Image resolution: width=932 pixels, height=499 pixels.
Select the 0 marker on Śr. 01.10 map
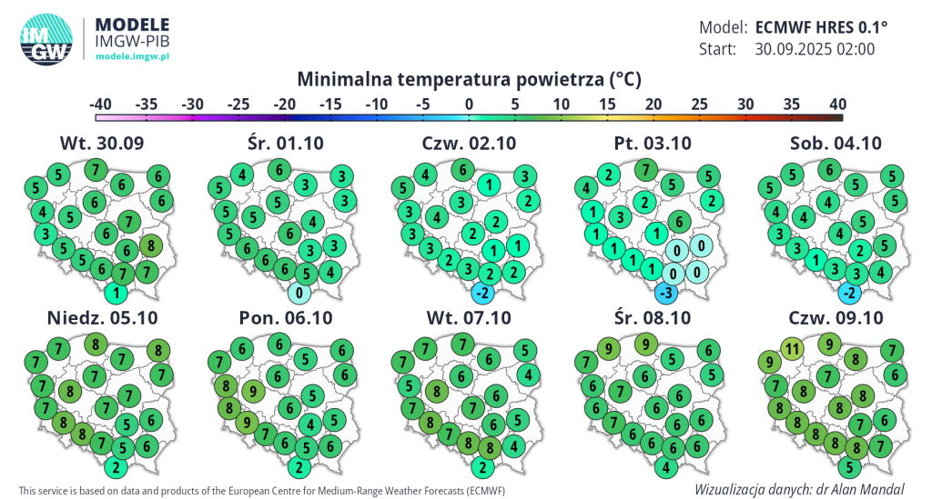[x=300, y=293]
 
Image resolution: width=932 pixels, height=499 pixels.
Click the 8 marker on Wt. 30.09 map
[x=151, y=244]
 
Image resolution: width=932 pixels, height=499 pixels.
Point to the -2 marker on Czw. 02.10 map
[x=483, y=293]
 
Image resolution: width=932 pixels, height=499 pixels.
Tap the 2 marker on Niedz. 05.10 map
[x=116, y=467]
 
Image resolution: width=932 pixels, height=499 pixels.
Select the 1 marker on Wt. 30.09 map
[x=116, y=293]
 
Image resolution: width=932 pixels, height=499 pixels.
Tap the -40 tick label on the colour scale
[x=101, y=105]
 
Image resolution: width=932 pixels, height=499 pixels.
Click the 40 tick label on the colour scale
[x=838, y=105]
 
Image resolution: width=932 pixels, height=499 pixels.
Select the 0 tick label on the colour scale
[x=469, y=105]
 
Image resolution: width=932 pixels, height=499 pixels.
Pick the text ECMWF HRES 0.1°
[x=821, y=26]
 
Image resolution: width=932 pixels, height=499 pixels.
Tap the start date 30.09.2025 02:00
[x=815, y=49]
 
